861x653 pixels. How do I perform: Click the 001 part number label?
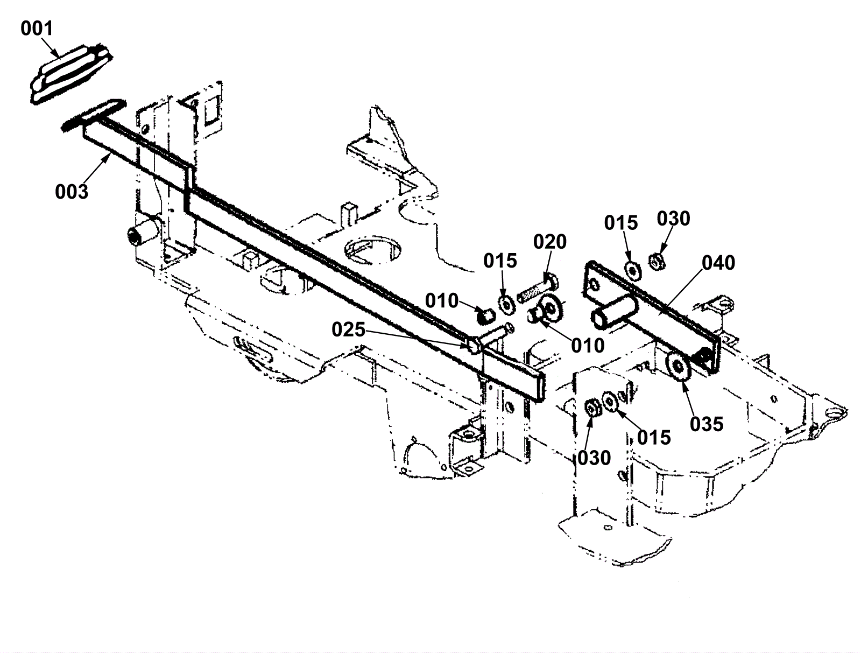pos(37,28)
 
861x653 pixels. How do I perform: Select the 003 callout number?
pos(72,191)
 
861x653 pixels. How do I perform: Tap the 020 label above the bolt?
pos(550,242)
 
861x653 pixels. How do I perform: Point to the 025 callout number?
pos(349,329)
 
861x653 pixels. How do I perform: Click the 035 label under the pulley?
pos(707,424)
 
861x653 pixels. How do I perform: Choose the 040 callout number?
pos(718,263)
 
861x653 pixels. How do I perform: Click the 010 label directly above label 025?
pos(442,300)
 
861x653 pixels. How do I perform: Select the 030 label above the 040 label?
pos(673,219)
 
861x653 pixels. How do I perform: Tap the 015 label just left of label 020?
pos(500,261)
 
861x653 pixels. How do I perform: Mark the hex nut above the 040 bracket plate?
pos(657,262)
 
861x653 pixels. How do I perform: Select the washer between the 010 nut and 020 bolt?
pos(506,304)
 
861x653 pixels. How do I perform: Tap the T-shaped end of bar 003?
pos(91,115)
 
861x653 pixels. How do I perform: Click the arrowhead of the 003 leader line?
pos(111,153)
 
